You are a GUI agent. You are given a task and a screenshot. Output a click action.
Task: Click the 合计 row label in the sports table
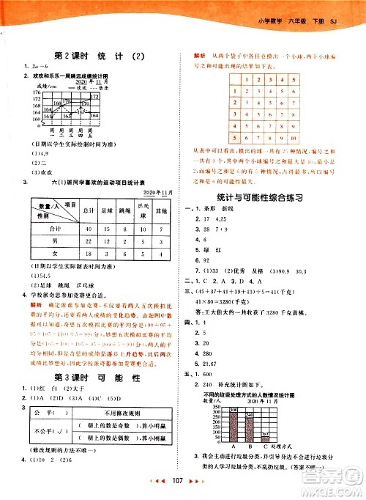click(45, 229)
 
